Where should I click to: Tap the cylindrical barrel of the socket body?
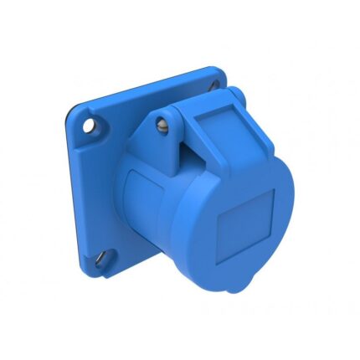coord(155,218)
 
